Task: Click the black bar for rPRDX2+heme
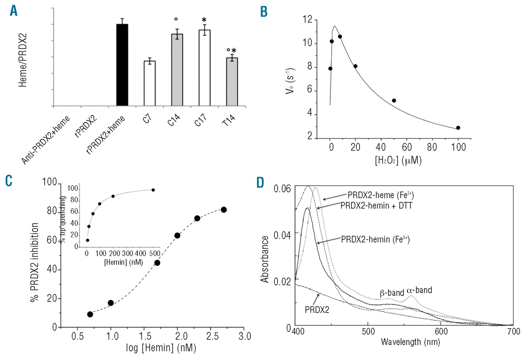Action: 123,65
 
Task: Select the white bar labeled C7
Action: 149,83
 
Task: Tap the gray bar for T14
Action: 232,82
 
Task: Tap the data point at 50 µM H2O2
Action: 394,101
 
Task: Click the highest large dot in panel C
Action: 224,210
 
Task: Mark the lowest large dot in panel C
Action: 90,314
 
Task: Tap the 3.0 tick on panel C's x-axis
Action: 244,337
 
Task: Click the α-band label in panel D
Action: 419,290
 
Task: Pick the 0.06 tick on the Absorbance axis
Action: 284,189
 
